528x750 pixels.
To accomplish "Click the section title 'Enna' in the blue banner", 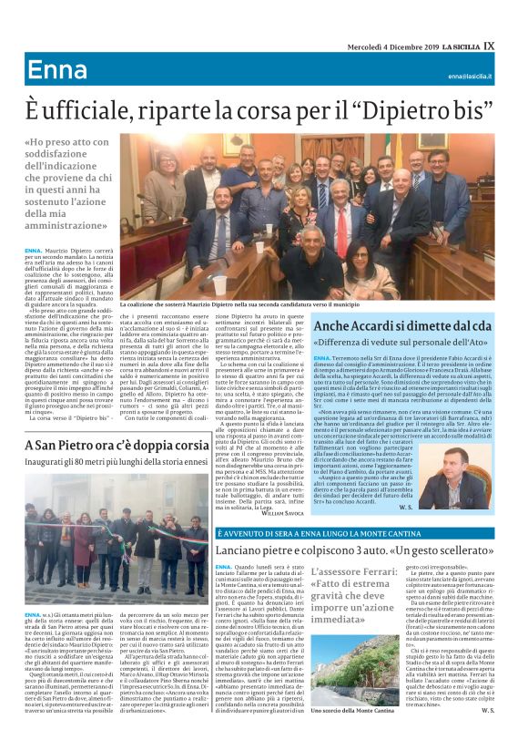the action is pos(56,71).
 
